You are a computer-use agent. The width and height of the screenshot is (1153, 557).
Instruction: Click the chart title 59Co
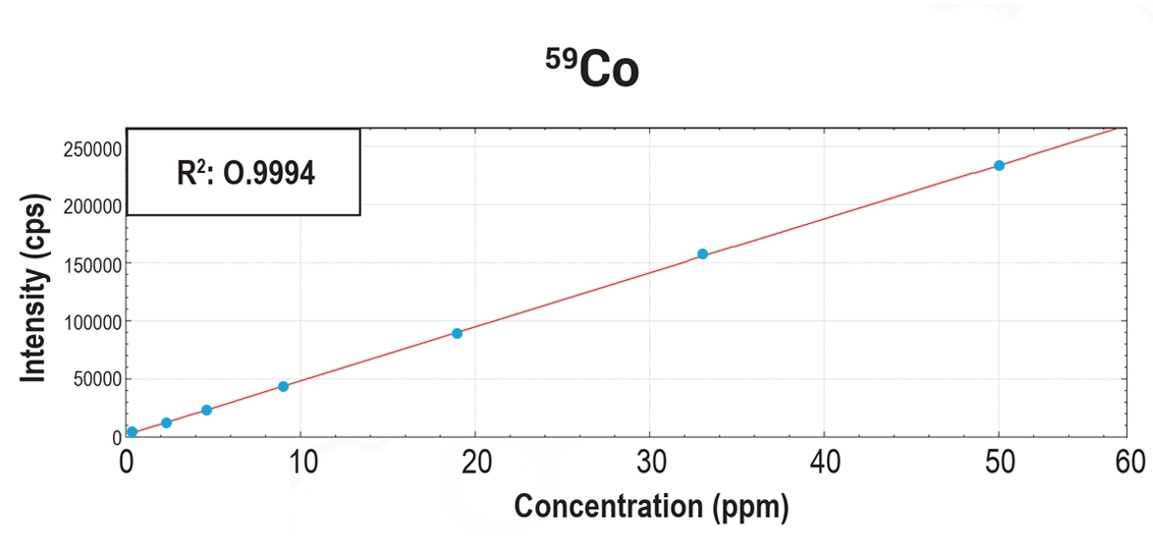(x=592, y=71)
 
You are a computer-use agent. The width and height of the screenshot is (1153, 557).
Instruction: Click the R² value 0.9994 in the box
(x=244, y=173)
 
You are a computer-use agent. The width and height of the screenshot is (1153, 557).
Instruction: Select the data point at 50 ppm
(x=999, y=165)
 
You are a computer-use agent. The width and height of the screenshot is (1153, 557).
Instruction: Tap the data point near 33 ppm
(x=702, y=253)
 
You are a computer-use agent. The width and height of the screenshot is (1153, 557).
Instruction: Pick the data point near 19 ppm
(x=457, y=333)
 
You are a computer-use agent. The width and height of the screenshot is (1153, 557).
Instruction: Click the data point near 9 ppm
(x=283, y=386)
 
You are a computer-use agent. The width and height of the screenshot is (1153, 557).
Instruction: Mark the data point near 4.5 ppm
(x=206, y=410)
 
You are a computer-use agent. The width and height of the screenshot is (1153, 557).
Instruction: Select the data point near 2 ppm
(x=166, y=422)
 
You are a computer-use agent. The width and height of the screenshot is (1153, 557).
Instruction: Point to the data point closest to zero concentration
(x=132, y=431)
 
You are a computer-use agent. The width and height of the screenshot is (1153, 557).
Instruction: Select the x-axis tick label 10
(x=301, y=462)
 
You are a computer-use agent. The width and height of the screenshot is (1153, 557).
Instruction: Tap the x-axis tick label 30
(x=649, y=462)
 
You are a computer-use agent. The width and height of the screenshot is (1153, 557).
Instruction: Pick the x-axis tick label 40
(x=824, y=462)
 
